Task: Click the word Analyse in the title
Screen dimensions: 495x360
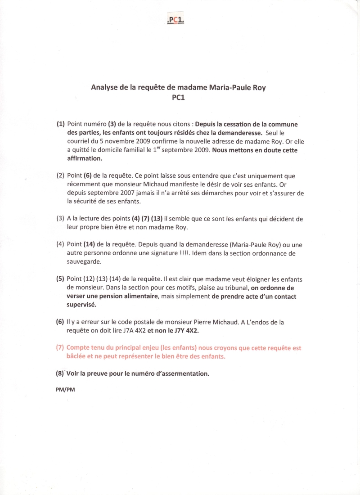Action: (x=105, y=88)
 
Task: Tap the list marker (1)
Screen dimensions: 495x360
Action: (x=61, y=124)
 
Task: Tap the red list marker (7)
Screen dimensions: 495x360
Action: (x=60, y=348)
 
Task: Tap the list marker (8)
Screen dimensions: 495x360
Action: (x=60, y=373)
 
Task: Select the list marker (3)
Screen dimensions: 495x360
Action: (x=60, y=219)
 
